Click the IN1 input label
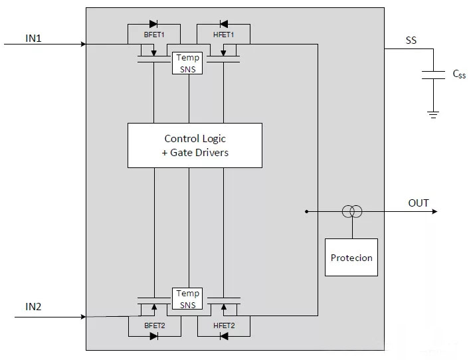coord(33,38)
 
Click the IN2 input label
coord(33,307)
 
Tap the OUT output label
coord(419,203)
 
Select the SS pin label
coord(411,41)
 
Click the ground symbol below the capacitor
coord(433,114)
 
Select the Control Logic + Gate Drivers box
coord(195,145)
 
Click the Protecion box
coord(351,258)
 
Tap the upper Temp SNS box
coord(187,63)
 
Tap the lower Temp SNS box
coord(187,298)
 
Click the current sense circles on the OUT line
coord(351,212)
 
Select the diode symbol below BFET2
coord(153,336)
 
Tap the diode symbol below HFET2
coord(223,336)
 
